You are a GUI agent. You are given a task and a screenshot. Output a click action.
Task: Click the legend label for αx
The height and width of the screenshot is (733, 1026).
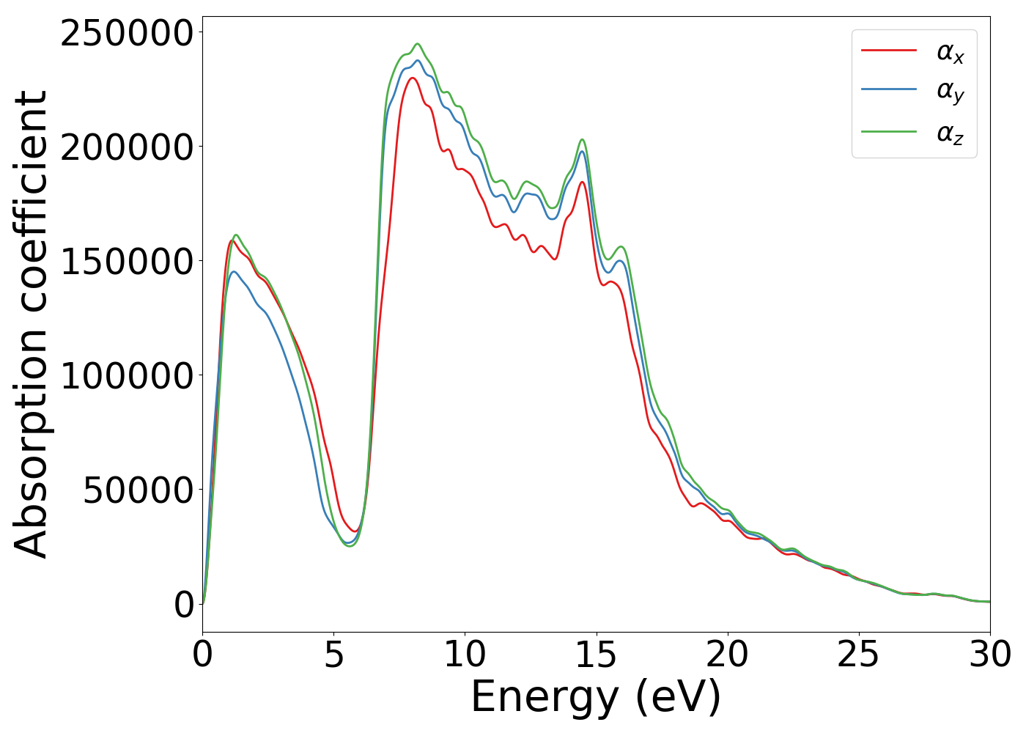(x=950, y=52)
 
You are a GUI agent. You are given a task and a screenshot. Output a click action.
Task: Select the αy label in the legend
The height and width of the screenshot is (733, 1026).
(x=950, y=92)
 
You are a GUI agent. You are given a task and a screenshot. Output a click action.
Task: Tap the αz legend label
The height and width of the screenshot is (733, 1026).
(x=950, y=133)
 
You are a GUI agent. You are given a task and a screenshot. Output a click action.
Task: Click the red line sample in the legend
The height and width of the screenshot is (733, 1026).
(x=888, y=50)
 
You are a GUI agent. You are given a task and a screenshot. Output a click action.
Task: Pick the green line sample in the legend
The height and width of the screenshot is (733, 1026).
(x=888, y=132)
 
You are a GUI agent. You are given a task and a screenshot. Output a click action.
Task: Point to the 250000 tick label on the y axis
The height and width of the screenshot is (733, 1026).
(x=127, y=33)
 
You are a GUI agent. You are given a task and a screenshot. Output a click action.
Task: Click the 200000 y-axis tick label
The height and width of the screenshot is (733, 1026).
(x=127, y=147)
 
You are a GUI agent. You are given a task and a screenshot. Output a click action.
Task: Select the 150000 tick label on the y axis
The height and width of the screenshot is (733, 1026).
(x=127, y=262)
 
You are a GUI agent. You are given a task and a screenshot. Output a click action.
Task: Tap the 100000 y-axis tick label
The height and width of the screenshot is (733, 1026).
(x=127, y=376)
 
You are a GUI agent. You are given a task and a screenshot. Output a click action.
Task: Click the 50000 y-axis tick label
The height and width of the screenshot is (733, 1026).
(x=138, y=490)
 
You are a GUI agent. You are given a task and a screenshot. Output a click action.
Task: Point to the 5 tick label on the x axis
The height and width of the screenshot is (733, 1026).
(x=333, y=655)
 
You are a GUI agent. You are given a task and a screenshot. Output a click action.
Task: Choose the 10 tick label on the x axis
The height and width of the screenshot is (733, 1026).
(x=465, y=655)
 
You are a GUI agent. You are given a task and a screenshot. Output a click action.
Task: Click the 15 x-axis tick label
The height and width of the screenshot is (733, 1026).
(x=596, y=655)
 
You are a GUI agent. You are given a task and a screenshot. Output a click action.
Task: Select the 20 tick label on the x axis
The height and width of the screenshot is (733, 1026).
(x=727, y=655)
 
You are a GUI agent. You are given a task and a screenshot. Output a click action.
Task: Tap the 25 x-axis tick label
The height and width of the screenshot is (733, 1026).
(x=858, y=655)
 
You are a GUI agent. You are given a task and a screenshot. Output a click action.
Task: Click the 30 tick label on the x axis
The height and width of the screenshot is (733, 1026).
(x=989, y=655)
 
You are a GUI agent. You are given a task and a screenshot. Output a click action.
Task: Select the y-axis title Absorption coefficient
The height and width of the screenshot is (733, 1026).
(x=31, y=324)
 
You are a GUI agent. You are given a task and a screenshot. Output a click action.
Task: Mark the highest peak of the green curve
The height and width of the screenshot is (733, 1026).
(x=418, y=44)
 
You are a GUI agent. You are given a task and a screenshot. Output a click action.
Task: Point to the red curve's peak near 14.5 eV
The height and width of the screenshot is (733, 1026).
(x=582, y=182)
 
